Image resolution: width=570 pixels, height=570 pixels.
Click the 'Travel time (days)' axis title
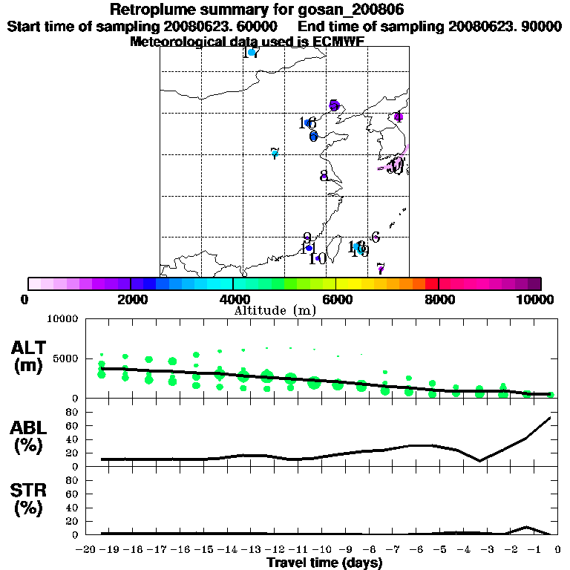324,563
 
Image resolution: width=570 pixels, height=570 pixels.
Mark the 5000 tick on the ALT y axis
65,358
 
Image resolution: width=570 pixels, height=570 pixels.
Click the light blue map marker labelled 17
252,53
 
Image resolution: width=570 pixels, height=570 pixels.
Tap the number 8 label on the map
324,176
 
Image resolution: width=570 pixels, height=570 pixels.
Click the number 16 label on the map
307,122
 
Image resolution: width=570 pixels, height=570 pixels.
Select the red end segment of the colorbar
432,284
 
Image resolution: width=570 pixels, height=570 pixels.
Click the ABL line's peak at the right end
550,418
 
